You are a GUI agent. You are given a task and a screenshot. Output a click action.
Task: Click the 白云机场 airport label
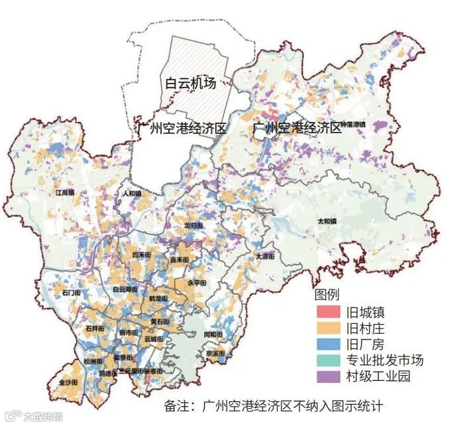click(x=191, y=83)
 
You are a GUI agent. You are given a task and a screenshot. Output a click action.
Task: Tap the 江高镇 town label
click(x=68, y=193)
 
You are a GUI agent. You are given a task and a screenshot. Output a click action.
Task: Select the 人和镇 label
click(x=132, y=194)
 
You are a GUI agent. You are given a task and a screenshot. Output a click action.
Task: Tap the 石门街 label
click(x=70, y=292)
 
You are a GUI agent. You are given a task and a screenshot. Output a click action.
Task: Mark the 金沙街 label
click(x=68, y=383)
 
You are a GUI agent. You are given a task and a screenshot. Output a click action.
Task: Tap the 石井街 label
click(x=94, y=328)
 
